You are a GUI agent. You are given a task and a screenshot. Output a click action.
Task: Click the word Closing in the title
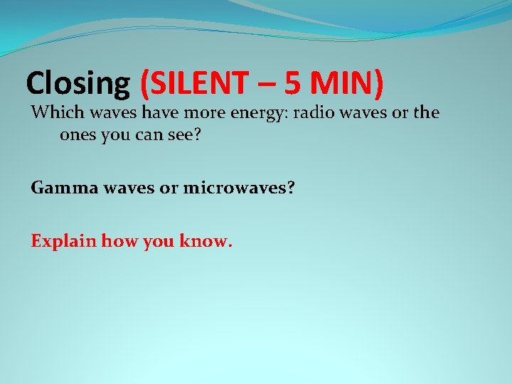tap(77, 84)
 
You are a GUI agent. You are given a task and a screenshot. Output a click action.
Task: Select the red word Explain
tap(63, 242)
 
